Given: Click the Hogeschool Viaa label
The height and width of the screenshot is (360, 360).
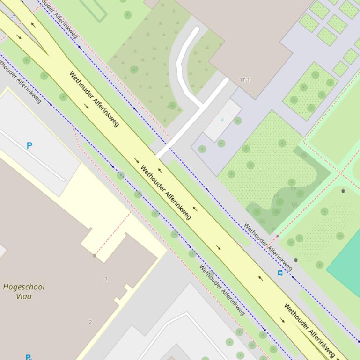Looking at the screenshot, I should point(23,291).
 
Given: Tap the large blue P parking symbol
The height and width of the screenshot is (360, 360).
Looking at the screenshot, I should point(29,146).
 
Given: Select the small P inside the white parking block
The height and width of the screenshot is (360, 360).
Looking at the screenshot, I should point(222,121).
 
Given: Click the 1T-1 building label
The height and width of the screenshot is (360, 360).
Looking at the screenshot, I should point(244,80).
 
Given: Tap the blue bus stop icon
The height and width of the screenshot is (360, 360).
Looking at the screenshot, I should point(280,273).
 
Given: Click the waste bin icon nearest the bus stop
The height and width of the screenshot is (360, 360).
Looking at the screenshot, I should point(295,260).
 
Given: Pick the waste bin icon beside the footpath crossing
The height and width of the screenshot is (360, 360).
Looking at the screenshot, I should point(343,191).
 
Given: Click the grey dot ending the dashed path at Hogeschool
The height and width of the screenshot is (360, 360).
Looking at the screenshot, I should point(95,256).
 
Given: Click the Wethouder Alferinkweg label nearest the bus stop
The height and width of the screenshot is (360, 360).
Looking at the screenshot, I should point(268,247).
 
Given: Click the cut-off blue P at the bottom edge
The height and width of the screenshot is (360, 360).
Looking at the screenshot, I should point(28,357).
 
